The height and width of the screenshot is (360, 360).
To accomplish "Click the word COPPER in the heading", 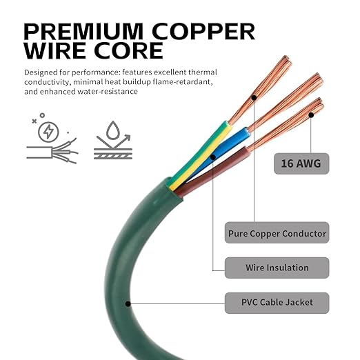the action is (x=203, y=32).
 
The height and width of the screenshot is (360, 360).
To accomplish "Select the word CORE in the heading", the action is (x=128, y=50).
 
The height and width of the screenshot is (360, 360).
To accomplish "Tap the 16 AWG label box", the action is (x=301, y=163).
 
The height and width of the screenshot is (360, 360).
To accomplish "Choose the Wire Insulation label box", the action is (x=277, y=268).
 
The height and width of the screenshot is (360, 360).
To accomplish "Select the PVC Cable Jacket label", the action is (x=277, y=303).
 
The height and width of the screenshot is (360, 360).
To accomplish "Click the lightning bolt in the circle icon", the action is (x=48, y=132).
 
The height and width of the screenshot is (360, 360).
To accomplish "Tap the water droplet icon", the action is (x=113, y=130).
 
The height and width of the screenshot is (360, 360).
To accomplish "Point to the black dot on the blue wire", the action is (x=213, y=157).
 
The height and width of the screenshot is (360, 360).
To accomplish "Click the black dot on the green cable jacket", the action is (x=128, y=304).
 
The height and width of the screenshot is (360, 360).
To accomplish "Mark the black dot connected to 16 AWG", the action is (x=311, y=115).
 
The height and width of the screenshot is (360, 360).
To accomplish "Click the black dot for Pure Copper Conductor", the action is (x=254, y=97).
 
